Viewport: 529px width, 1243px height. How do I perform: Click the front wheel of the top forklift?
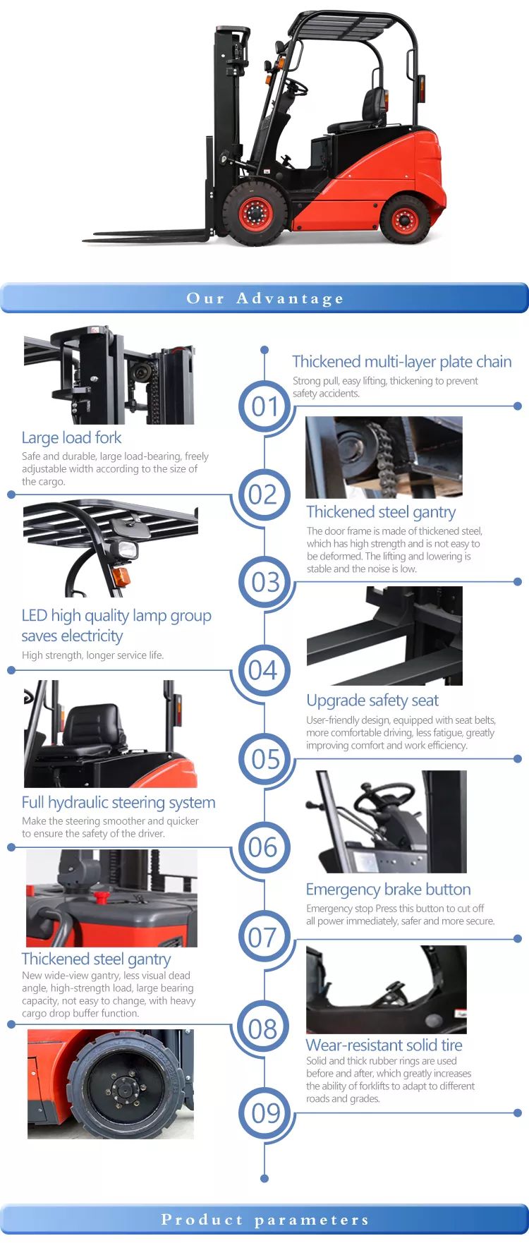(x=255, y=213)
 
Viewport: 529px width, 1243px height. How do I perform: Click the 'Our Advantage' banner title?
(x=264, y=298)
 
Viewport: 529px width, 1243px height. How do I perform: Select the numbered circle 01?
(x=264, y=406)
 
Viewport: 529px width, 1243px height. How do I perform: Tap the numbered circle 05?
(x=264, y=759)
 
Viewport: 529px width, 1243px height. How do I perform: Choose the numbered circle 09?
(x=264, y=1113)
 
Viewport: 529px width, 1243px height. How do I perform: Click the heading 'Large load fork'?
(x=71, y=438)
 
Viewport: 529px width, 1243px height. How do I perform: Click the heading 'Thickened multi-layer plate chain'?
(x=402, y=362)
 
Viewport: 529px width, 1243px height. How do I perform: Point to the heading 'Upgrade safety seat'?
(x=372, y=701)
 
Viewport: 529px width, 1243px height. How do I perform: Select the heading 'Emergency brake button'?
(x=388, y=890)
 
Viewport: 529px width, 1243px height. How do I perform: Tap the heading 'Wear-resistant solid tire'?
(x=384, y=1045)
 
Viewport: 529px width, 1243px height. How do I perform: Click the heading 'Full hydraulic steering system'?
(x=118, y=803)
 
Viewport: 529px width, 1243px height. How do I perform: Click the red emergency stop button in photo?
(x=102, y=897)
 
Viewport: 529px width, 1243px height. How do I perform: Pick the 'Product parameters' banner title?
(x=264, y=1220)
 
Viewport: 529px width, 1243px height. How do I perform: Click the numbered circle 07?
(x=264, y=937)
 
